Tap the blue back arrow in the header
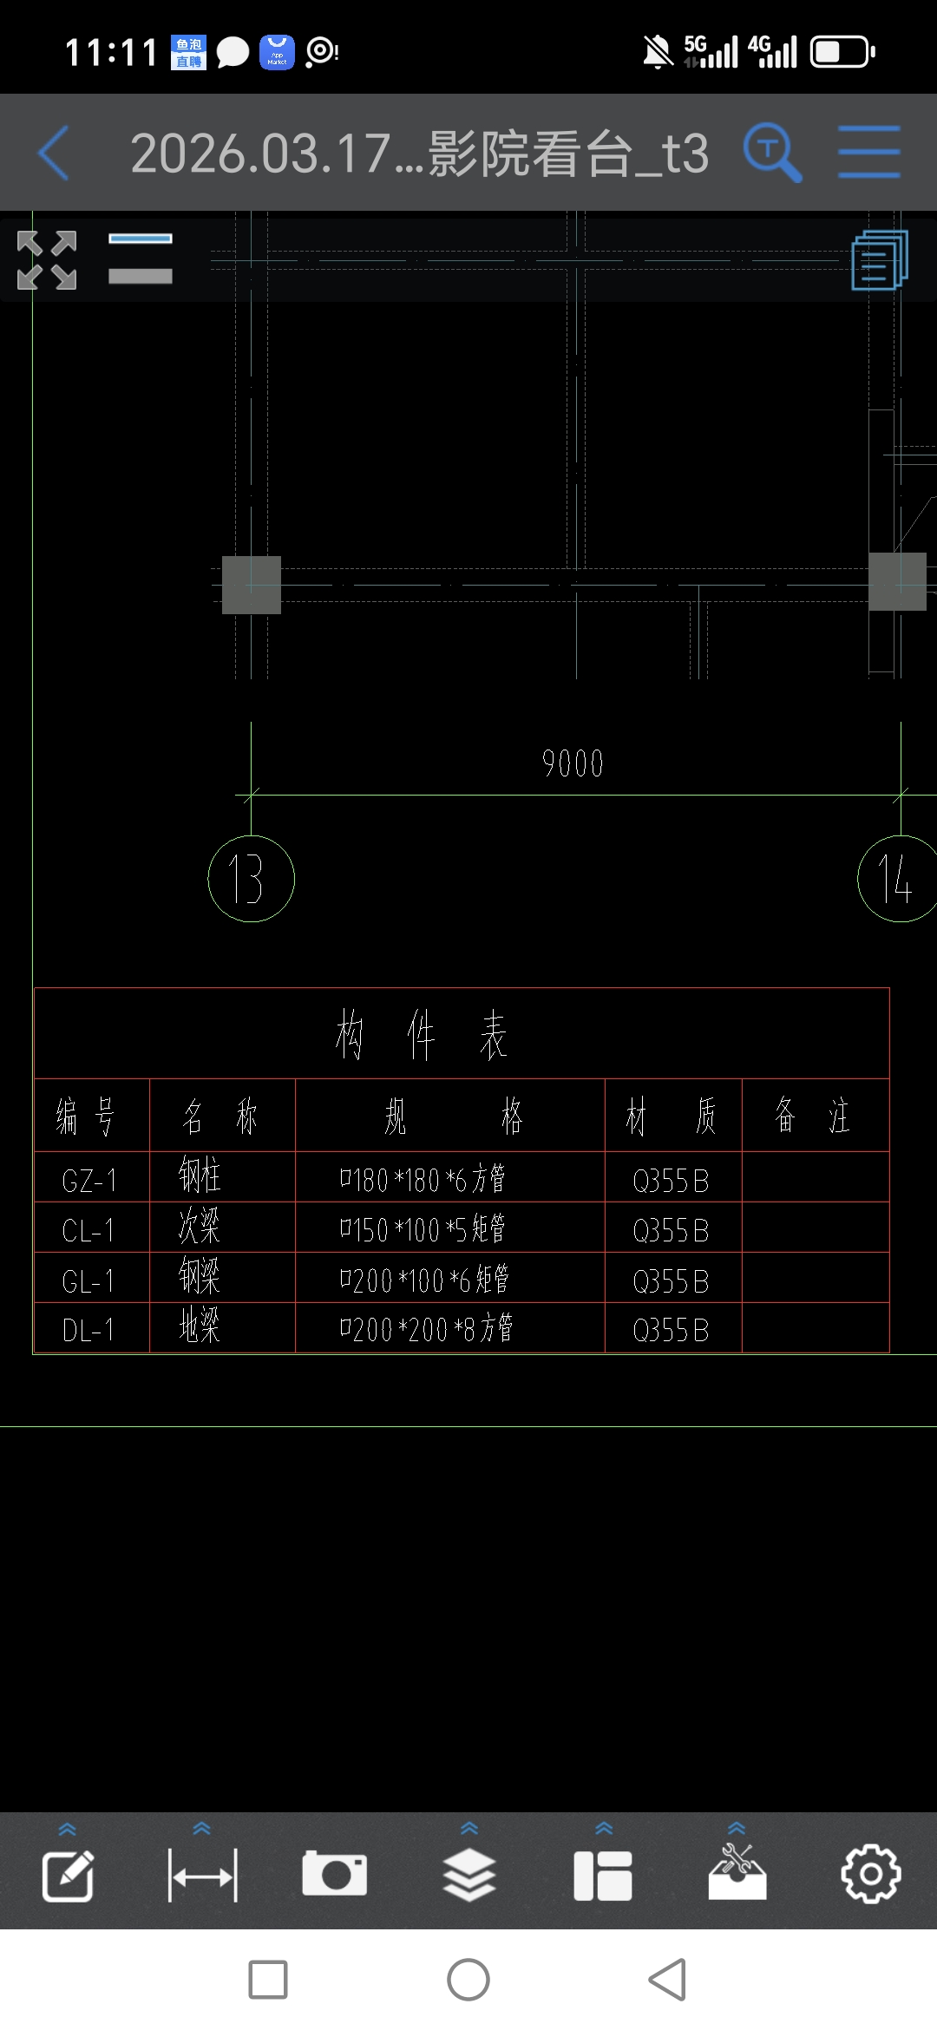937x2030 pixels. tap(54, 153)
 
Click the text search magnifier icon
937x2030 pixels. tap(771, 153)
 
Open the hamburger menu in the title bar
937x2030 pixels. tap(868, 153)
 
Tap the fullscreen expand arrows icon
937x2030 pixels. tap(47, 259)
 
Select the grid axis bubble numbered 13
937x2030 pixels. tap(251, 879)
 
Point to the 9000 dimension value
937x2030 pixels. tap(573, 763)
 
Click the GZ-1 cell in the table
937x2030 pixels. tap(89, 1180)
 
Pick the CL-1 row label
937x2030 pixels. tap(89, 1230)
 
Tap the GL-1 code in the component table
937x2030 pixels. tap(89, 1280)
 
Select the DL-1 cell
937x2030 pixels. tap(89, 1330)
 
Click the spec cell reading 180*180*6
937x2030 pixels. tap(423, 1180)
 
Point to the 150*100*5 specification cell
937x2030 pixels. tap(423, 1229)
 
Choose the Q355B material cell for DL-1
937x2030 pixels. tap(672, 1330)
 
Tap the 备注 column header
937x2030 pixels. tap(813, 1116)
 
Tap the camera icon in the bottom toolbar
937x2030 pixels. tap(334, 1874)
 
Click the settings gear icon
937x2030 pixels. tap(871, 1874)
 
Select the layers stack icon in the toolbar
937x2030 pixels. tap(469, 1874)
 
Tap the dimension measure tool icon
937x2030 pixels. tap(202, 1876)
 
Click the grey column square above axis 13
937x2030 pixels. tap(252, 585)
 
